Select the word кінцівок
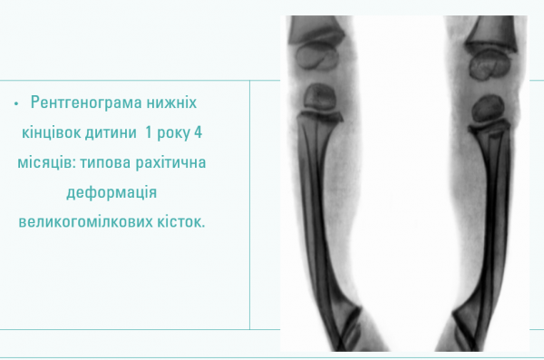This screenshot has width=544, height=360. tap(59, 131)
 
